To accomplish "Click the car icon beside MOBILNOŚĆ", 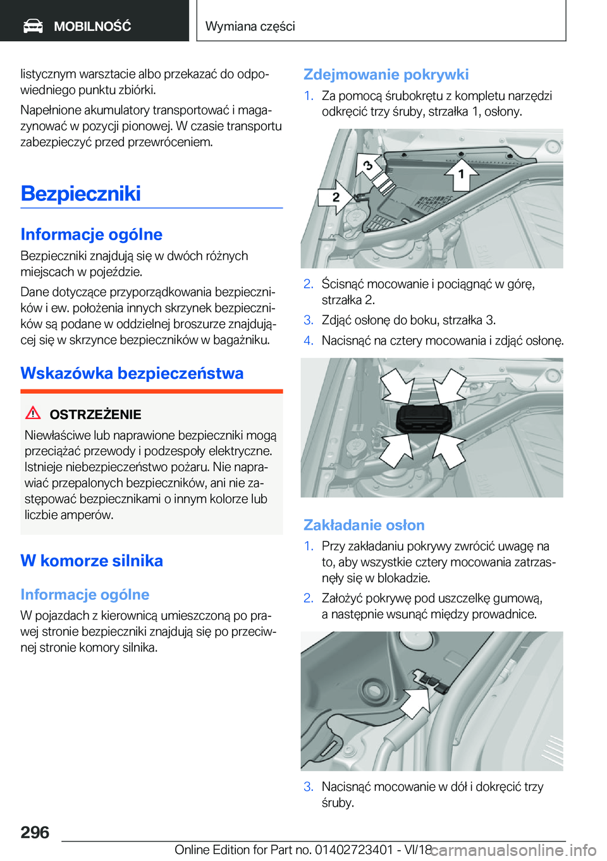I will [33, 26].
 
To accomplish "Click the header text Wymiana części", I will [250, 26].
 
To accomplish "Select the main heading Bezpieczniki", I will [80, 193].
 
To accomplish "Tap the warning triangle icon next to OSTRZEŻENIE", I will [33, 413].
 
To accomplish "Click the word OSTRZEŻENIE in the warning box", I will [95, 415].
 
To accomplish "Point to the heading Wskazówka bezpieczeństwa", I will [132, 373].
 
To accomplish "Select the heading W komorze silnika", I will [92, 561].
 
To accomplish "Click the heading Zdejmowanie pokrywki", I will [386, 75].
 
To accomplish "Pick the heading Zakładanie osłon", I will [364, 525].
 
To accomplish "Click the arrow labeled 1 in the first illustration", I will [460, 174].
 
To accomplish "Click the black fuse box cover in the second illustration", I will [423, 418].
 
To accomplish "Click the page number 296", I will [35, 832].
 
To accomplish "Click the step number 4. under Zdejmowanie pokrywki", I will [308, 341].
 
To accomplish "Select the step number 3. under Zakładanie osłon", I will [308, 787].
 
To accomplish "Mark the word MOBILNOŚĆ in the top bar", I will [92, 27].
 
